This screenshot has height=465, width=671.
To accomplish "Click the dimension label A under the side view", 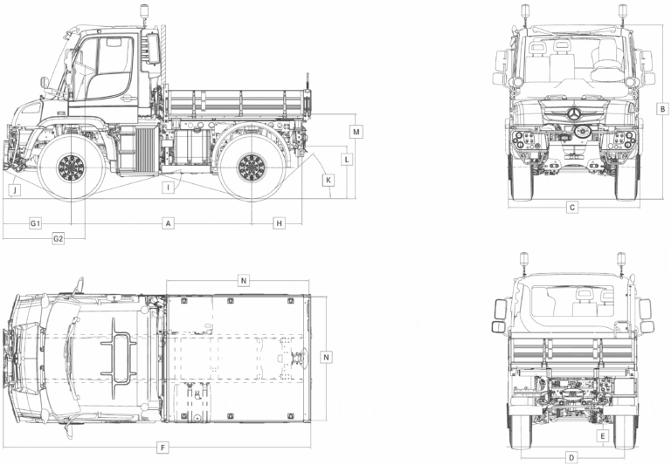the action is pos(168,223).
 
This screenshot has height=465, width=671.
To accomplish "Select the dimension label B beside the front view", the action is pos(662,109).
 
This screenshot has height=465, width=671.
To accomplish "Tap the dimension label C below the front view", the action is pos(571,208).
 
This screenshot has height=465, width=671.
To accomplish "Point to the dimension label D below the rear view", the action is pos(571,457).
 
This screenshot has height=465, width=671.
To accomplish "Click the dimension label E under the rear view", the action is pos(603,436).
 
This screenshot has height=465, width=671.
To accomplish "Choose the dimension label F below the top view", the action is pos(163,448).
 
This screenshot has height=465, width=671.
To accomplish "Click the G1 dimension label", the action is pos(35,223).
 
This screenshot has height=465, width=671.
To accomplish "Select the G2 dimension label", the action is pos(59,238).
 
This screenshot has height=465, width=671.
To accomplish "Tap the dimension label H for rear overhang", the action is pos(279,223).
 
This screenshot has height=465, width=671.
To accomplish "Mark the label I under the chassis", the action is pos(168,188).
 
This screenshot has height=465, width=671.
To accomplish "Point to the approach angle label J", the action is pos(15,189).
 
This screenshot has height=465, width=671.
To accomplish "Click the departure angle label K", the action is pos(329,180).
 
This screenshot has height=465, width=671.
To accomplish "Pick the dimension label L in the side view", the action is pos(347,160).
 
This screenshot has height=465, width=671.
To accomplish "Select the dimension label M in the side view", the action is pos(356,132).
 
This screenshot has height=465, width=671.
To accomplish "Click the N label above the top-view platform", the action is pos(244,280).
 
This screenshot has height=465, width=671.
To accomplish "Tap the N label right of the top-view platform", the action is pos(326,357).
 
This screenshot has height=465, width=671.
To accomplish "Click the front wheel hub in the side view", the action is pos(71,168).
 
